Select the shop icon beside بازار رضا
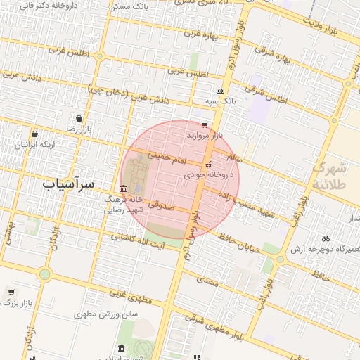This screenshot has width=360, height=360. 77,118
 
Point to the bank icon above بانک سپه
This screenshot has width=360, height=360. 221,91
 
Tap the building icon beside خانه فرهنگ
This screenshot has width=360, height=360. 124,188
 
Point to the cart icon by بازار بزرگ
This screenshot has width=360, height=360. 11,292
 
